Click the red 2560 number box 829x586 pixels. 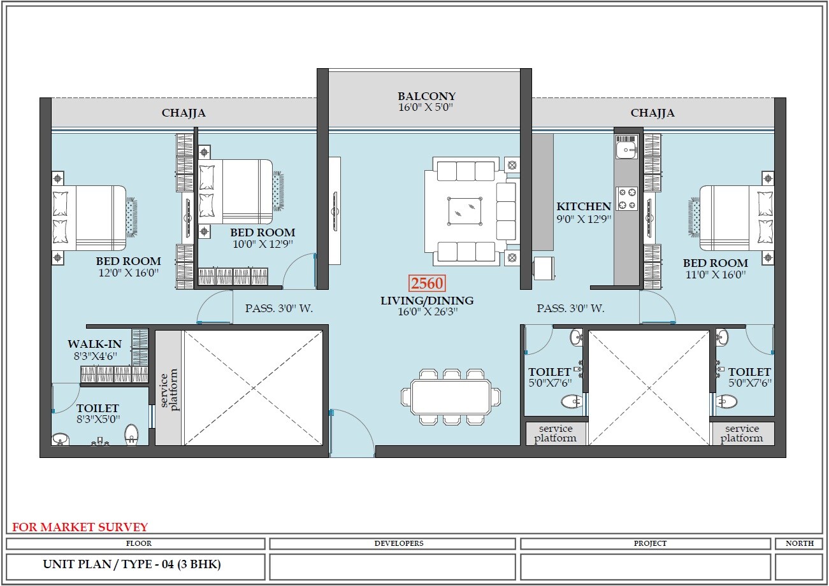427,283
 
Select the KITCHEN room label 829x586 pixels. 584,206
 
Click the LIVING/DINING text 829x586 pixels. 427,301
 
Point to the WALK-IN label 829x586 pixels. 94,345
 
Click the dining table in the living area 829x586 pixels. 451,396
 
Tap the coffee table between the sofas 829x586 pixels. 465,211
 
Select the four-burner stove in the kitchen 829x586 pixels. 626,197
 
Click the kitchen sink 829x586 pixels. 625,149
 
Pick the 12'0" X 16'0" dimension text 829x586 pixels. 128,273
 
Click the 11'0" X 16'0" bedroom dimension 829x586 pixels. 715,275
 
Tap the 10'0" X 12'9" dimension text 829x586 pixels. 263,244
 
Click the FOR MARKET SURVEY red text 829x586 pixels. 80,527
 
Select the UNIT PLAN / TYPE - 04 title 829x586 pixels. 132,564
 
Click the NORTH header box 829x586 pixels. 799,543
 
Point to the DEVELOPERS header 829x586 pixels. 392,543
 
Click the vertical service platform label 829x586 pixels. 168,389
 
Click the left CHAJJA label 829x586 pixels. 184,113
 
